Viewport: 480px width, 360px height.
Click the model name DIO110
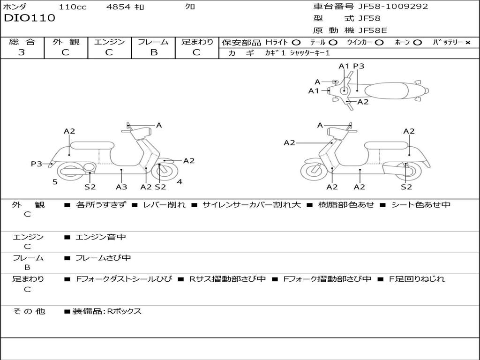click(30, 18)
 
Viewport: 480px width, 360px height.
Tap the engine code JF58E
click(373, 30)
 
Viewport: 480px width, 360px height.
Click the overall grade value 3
click(22, 52)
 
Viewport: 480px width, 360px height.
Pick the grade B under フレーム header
click(153, 52)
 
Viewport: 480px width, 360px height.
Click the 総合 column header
click(22, 42)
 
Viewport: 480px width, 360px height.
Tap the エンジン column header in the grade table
click(109, 42)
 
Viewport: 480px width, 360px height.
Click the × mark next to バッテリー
click(467, 42)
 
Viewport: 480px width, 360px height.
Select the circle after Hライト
click(296, 42)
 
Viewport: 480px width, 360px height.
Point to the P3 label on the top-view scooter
click(359, 66)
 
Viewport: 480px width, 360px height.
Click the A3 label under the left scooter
click(121, 187)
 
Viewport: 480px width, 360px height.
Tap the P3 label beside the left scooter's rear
click(37, 164)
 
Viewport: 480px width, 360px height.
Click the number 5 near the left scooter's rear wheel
click(55, 182)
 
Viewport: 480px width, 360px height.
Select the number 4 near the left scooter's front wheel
click(180, 182)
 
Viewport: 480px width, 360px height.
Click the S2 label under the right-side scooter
click(406, 187)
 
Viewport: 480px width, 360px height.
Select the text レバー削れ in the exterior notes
click(164, 205)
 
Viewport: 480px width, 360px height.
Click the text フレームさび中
click(103, 258)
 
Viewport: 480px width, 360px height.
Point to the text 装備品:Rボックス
click(107, 311)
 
